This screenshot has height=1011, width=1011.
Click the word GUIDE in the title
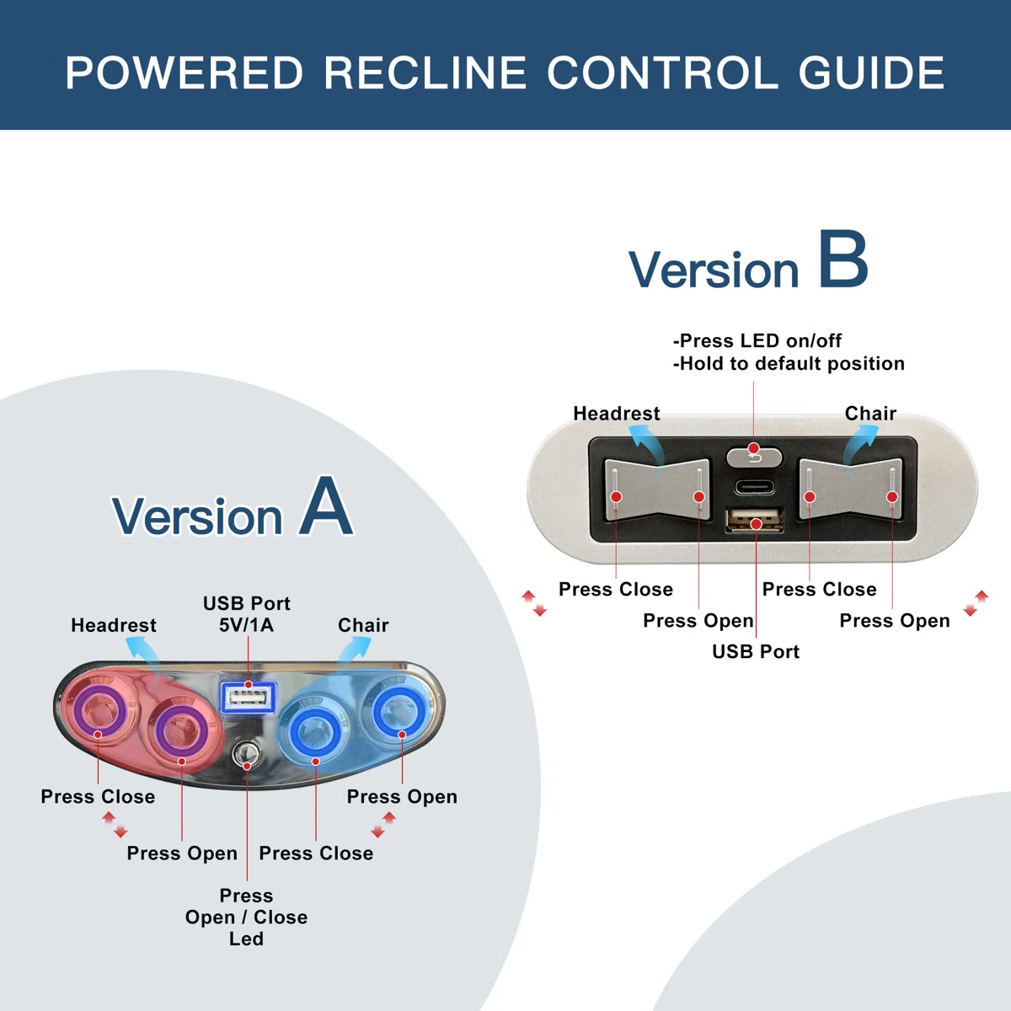coord(871,72)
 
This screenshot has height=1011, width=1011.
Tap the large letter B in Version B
coord(842,260)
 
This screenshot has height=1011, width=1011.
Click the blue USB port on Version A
coord(248,697)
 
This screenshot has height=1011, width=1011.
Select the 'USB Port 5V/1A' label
coord(246,614)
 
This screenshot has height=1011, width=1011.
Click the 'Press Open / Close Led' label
coord(246,917)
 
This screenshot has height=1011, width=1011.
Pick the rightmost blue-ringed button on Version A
coord(399,712)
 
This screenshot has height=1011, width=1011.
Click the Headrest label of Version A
coord(114,625)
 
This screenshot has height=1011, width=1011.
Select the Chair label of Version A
coord(363,625)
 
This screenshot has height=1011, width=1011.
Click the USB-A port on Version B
coord(754,520)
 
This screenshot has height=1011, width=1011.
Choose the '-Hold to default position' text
coord(789,364)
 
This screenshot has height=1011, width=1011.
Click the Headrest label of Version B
coord(617,414)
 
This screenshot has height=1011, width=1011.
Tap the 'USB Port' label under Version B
coord(756,651)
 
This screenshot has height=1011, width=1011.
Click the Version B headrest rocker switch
coord(657,489)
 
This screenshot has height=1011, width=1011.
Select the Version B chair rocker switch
coord(850,489)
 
